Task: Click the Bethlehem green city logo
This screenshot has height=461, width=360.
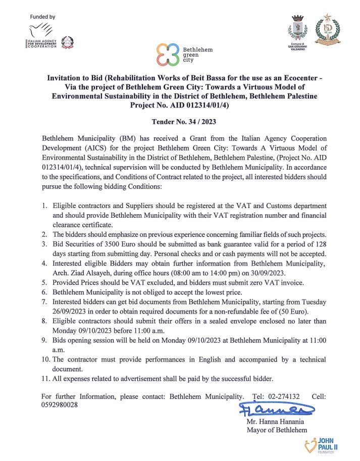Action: pos(184,54)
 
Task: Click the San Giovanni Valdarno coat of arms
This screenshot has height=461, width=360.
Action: pos(297,30)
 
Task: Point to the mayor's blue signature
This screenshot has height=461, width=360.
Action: pos(270,408)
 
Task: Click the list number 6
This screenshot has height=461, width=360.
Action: pos(44,292)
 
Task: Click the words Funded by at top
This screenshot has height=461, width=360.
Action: pos(42,17)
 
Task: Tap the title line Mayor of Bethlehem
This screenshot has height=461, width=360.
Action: pos(277,430)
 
